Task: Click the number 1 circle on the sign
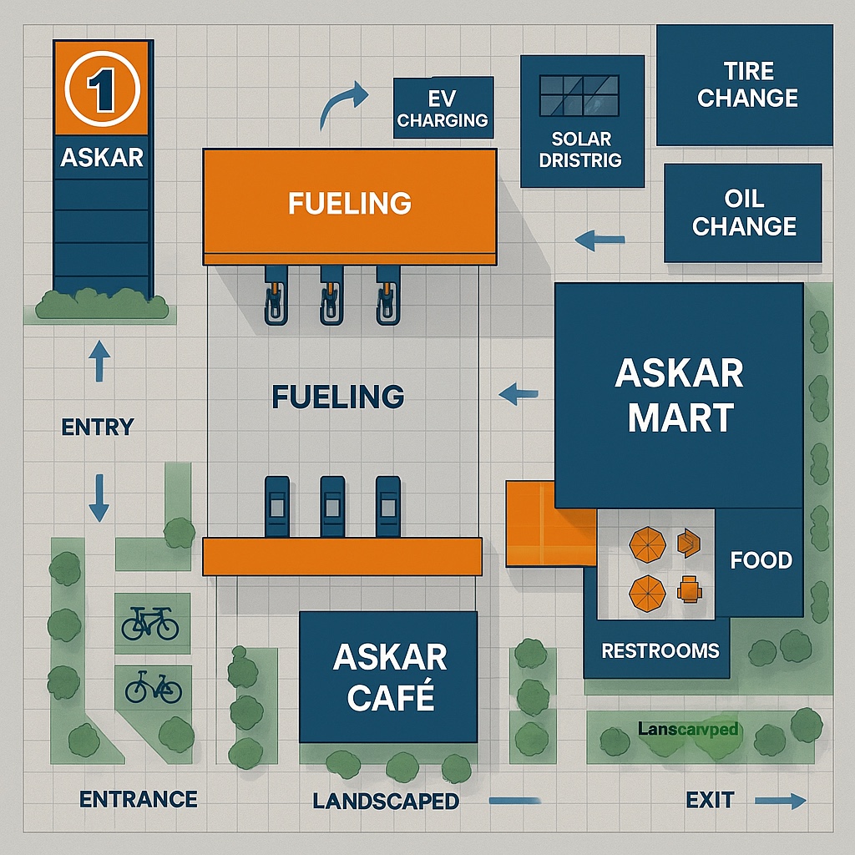[100, 91]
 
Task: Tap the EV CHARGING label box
[443, 109]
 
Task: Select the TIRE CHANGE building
[746, 85]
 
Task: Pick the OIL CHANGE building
[743, 213]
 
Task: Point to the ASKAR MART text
[680, 395]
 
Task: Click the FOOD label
[761, 559]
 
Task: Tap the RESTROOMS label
[660, 650]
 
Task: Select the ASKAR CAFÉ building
[388, 676]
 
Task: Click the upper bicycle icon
[150, 623]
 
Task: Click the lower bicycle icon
[153, 687]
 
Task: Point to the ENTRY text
[98, 427]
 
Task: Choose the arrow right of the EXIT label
[781, 802]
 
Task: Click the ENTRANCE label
[139, 799]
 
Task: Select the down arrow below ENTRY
[99, 498]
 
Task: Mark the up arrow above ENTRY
[99, 361]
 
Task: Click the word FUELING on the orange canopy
[349, 203]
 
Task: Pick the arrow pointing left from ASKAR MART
[518, 392]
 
